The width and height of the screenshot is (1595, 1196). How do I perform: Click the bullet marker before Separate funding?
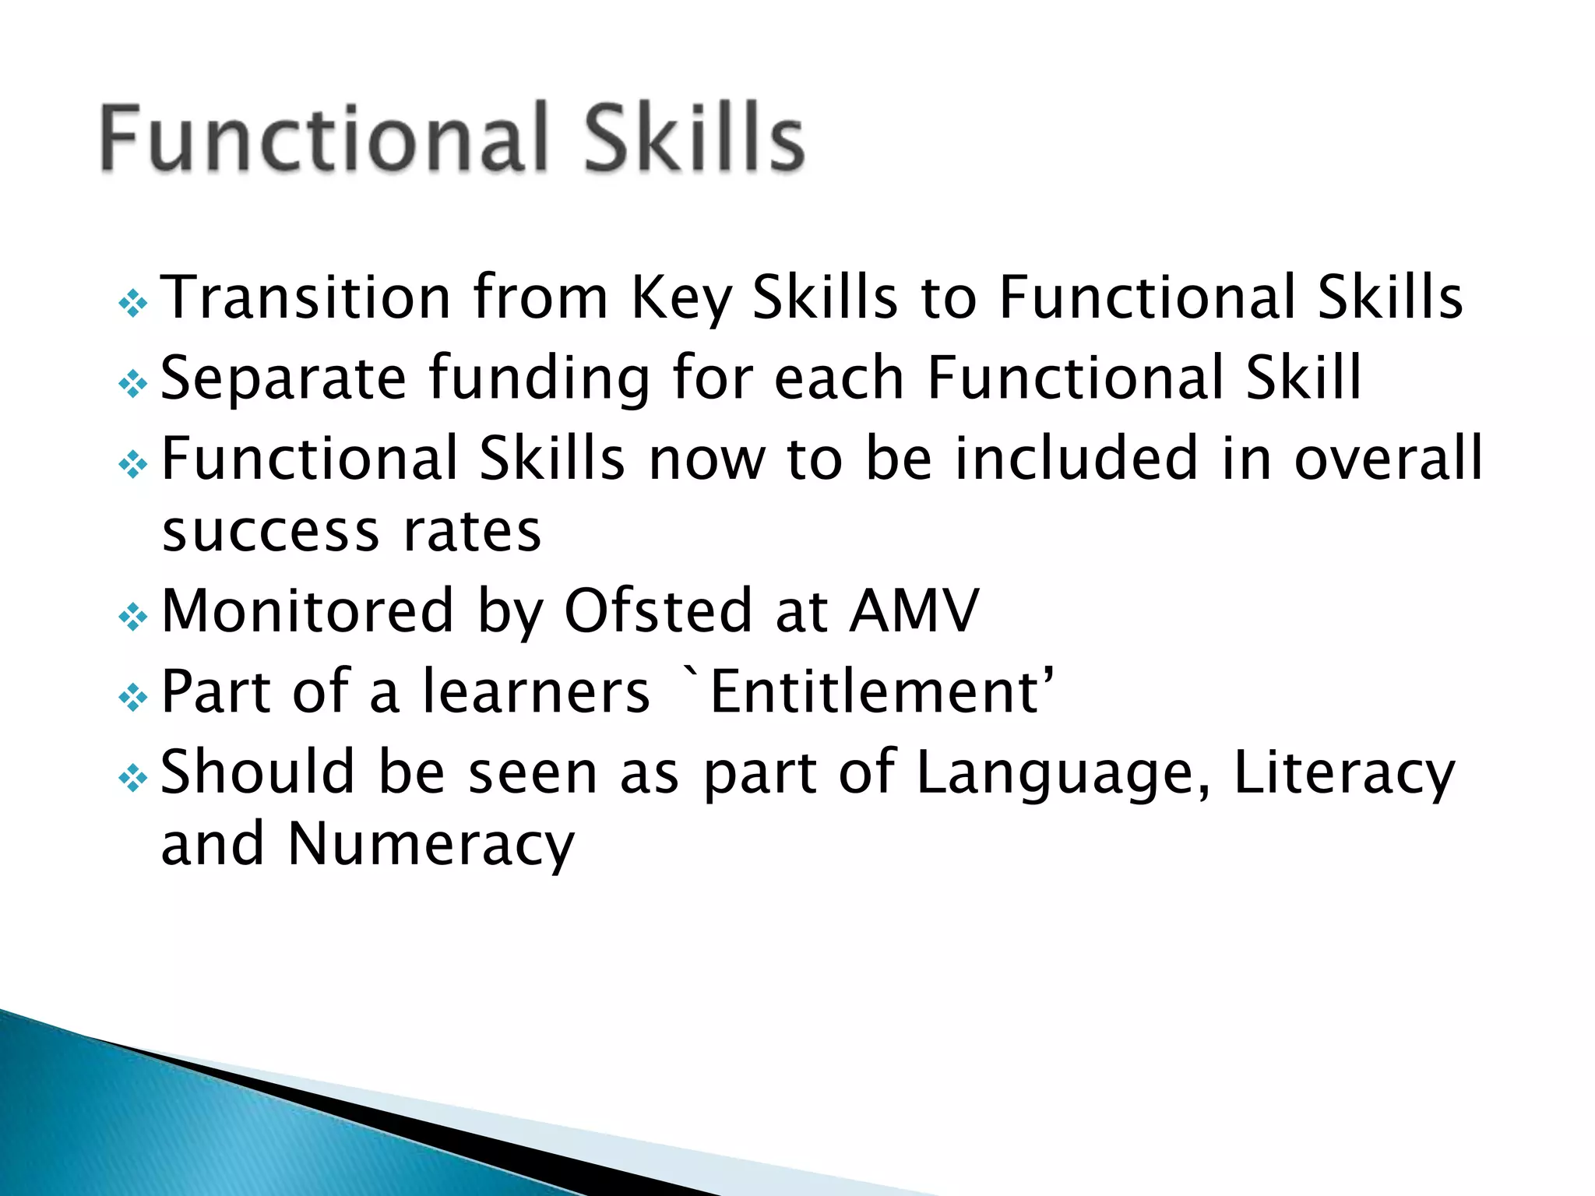point(132,383)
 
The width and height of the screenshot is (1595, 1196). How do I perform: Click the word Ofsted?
point(659,611)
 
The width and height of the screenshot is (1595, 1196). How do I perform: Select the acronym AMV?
point(913,611)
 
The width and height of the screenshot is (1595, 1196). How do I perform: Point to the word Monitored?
point(307,611)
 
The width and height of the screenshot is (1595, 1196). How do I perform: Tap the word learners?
point(536,691)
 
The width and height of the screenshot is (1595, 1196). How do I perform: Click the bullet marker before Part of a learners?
point(132,697)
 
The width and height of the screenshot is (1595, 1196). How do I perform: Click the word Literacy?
point(1343,773)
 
